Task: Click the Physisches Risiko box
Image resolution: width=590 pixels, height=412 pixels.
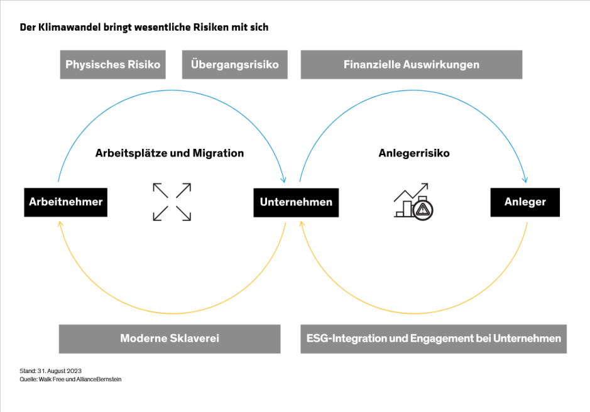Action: [113, 65]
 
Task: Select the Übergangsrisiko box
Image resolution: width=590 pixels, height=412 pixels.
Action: [234, 65]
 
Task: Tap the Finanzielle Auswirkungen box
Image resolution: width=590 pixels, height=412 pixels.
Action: [411, 65]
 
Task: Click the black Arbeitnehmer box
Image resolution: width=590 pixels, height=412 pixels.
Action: [65, 202]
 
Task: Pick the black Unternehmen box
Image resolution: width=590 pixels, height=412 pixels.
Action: [296, 202]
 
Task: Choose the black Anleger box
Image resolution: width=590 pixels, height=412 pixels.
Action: [525, 202]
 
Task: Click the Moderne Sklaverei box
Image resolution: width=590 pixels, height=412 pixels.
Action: [169, 339]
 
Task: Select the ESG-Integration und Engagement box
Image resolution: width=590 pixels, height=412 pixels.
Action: [434, 339]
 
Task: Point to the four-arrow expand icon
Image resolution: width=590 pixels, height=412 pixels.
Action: [172, 202]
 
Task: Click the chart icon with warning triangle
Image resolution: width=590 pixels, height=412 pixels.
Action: [413, 201]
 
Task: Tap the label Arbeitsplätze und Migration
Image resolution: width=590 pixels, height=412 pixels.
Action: [170, 153]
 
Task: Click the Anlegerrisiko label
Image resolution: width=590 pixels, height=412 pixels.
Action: [414, 153]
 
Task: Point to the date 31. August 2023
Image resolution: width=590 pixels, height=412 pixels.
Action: [60, 371]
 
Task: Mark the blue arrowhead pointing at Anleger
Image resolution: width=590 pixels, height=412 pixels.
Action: [526, 181]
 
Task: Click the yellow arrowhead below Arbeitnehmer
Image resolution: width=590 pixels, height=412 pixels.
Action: [58, 224]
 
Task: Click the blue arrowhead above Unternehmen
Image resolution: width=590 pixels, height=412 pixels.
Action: [285, 181]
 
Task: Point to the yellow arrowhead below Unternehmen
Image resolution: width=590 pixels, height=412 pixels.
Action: [302, 224]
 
